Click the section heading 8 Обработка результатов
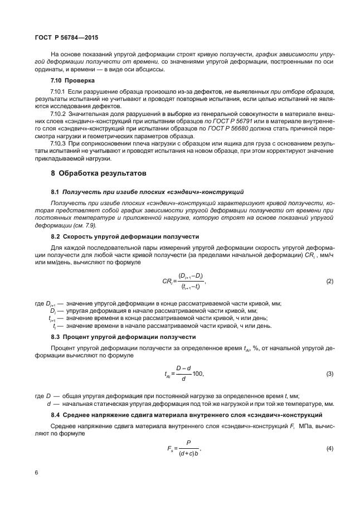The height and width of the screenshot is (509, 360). click(99, 173)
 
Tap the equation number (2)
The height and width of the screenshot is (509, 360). click(330, 282)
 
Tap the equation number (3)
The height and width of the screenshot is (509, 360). click(330, 373)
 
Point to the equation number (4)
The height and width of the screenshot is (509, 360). click(330, 449)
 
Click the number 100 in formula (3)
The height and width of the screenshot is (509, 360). click(198, 373)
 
